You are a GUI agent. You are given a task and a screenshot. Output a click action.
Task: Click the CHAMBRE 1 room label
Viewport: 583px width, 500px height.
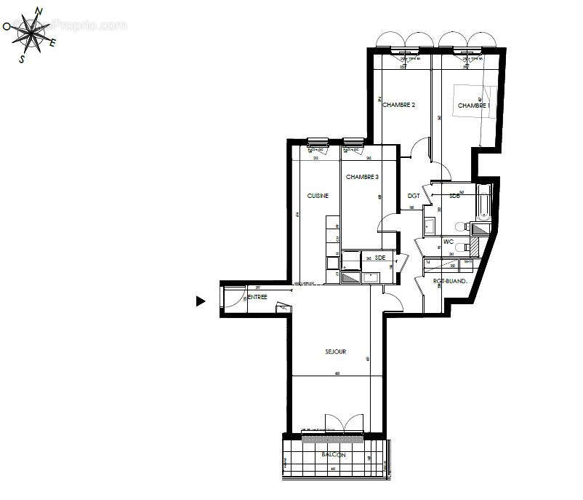tap(473, 106)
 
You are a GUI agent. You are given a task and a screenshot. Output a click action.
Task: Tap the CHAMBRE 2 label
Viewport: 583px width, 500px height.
tap(398, 105)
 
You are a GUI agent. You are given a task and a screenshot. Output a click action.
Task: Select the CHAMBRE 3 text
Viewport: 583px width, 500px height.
tap(362, 177)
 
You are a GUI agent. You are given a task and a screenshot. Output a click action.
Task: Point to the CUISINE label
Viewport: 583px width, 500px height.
tap(318, 196)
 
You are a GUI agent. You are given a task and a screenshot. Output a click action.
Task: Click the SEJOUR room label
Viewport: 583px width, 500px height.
tap(335, 352)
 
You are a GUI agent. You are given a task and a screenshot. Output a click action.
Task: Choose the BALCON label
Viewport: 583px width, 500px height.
tap(334, 456)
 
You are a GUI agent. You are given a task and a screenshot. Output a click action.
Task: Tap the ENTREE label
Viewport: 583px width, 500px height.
tap(257, 297)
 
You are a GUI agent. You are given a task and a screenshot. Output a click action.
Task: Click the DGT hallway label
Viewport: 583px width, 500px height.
tap(414, 196)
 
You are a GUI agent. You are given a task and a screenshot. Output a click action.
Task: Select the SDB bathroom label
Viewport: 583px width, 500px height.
tap(454, 196)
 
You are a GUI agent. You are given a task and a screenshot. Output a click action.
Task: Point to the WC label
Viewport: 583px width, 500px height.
tap(449, 242)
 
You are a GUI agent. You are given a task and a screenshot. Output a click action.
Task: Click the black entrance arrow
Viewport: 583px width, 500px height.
tap(201, 301)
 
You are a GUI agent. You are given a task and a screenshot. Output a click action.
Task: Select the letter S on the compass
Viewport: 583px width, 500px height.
tap(22, 60)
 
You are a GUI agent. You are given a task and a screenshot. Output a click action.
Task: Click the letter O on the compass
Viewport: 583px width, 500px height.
tap(7, 26)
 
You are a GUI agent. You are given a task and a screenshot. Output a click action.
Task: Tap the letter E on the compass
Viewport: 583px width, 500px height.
tap(53, 42)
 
